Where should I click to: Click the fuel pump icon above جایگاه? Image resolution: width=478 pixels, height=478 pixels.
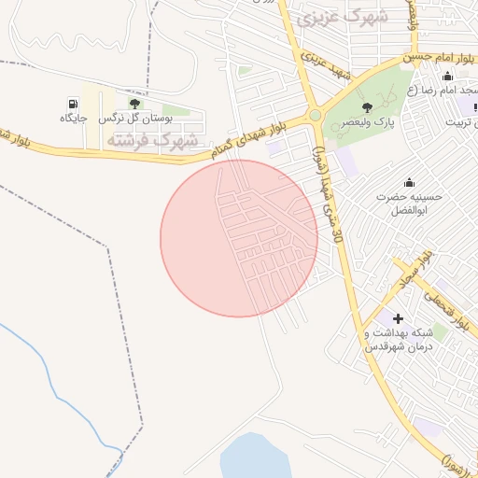click(73, 103)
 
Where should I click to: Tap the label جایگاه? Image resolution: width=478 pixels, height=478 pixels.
click(73, 119)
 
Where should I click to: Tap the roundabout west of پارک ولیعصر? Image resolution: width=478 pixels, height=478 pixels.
click(316, 115)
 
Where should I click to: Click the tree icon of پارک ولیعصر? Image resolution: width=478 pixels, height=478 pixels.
click(366, 107)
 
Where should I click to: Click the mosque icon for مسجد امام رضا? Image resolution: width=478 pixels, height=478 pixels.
click(447, 77)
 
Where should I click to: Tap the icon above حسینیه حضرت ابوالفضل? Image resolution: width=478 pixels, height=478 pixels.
click(408, 182)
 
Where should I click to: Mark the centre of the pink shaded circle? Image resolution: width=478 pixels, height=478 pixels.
click(239, 238)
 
